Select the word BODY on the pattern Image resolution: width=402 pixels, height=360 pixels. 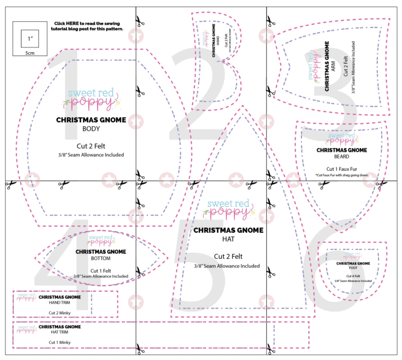pyautogui.click(x=91, y=129)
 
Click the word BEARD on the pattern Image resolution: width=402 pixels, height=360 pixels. pyautogui.click(x=341, y=157)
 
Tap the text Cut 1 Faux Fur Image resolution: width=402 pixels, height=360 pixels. pyautogui.click(x=342, y=169)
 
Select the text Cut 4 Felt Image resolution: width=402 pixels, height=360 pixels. pyautogui.click(x=353, y=276)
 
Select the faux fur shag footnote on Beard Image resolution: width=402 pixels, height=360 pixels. pyautogui.click(x=342, y=175)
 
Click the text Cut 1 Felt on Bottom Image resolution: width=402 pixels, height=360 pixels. pyautogui.click(x=100, y=270)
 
